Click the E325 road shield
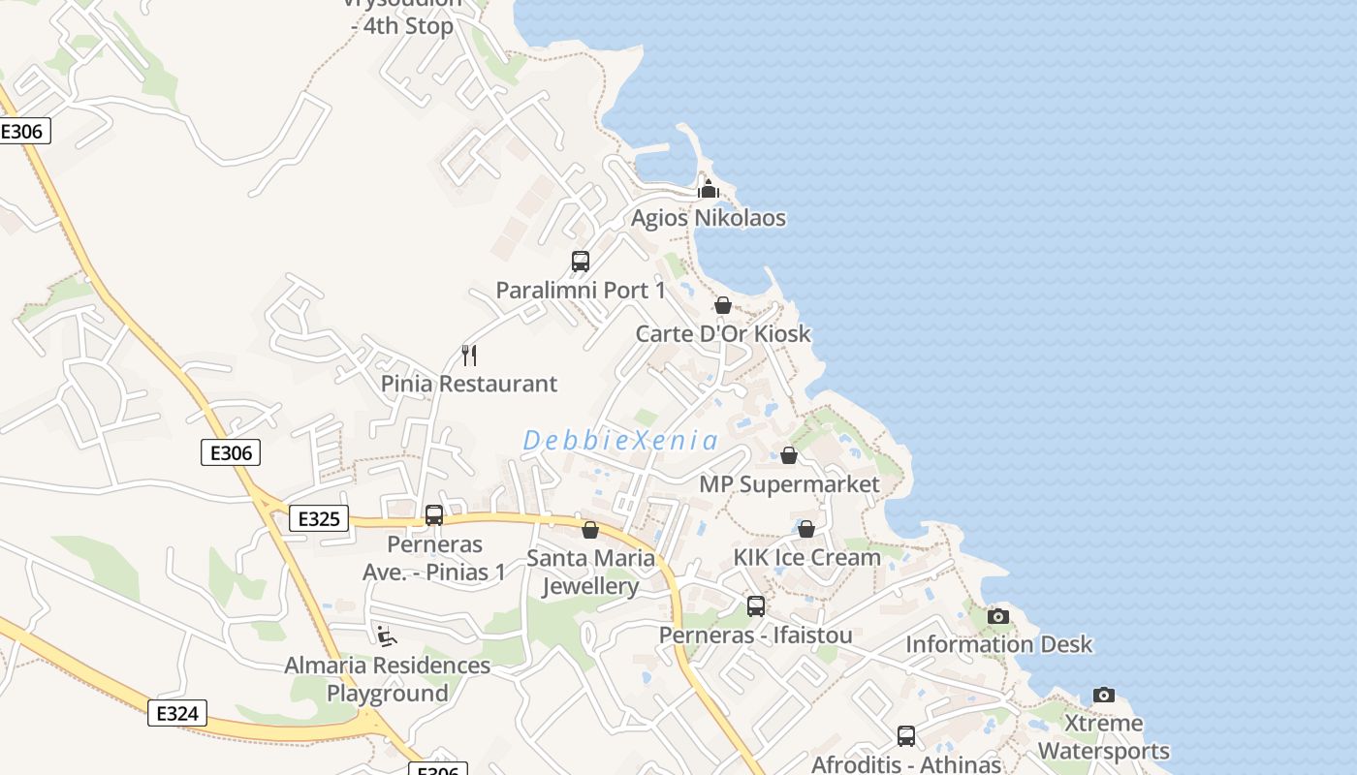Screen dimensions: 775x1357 tap(319, 519)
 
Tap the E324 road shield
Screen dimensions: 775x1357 tap(177, 714)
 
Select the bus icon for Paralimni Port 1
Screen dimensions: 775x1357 tap(580, 262)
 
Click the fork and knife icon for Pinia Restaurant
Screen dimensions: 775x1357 tap(469, 356)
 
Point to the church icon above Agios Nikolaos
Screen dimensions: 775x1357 tap(709, 189)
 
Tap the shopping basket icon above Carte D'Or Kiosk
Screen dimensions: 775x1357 tap(722, 306)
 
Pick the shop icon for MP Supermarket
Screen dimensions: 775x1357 tap(789, 455)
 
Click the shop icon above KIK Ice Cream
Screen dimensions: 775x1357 tap(805, 529)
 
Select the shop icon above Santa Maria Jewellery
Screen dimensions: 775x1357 tap(589, 530)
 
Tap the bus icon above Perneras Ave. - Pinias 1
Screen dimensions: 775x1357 tap(434, 515)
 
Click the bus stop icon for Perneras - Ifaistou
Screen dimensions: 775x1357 tap(756, 606)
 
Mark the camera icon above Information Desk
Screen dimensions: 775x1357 tap(997, 616)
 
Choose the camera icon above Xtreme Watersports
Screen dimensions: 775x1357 tap(1103, 695)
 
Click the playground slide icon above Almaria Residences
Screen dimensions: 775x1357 tap(386, 635)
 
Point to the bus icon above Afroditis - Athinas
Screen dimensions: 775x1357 tap(906, 736)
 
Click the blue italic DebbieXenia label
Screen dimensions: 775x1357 tap(620, 441)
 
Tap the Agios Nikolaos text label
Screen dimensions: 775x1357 tap(709, 218)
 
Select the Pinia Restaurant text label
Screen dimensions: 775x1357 tap(469, 384)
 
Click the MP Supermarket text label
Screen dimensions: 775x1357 tap(789, 484)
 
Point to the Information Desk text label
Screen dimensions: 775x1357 tap(998, 644)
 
